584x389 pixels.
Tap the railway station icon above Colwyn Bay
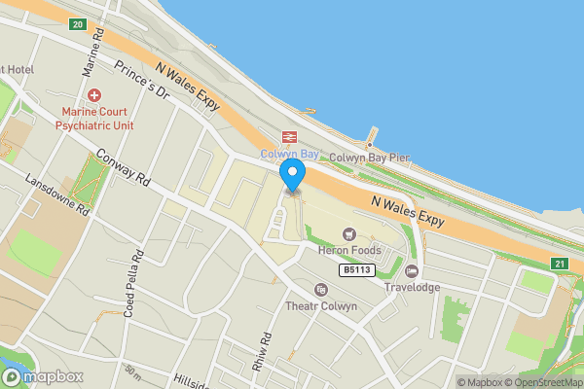(x=289, y=137)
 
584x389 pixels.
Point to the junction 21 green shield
(x=557, y=264)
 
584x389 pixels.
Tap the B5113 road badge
(x=357, y=269)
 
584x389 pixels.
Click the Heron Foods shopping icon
(x=350, y=233)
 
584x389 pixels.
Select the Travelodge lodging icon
(x=412, y=271)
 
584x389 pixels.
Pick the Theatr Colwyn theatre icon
(x=321, y=290)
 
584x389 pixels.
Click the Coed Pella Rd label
(x=133, y=278)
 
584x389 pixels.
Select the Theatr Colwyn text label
(x=321, y=307)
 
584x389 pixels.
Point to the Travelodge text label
(x=412, y=288)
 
